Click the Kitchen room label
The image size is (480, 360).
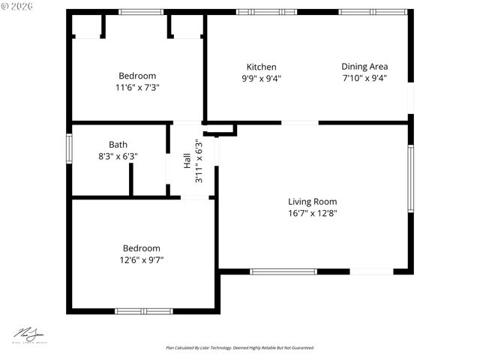(x=261, y=67)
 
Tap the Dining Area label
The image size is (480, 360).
(x=364, y=67)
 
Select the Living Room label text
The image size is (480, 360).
(x=313, y=201)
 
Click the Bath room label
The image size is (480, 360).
(x=118, y=145)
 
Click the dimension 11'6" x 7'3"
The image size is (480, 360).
(x=137, y=87)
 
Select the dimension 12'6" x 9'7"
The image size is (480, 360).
(x=142, y=260)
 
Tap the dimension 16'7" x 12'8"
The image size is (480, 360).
(x=313, y=213)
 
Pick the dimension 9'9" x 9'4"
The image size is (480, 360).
(x=261, y=78)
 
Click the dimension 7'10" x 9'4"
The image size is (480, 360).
(x=364, y=78)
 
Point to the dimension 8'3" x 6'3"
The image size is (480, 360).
(x=118, y=156)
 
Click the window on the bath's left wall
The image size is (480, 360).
(x=69, y=147)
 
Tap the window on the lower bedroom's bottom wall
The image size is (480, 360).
(x=143, y=310)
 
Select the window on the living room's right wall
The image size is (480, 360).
(x=410, y=178)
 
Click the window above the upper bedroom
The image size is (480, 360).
(x=142, y=12)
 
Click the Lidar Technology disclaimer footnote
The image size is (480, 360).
(x=240, y=348)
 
